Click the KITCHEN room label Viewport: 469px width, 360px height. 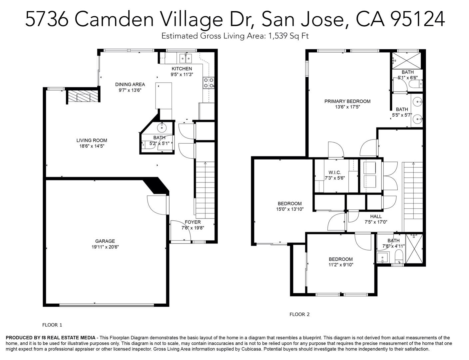pyautogui.click(x=182, y=69)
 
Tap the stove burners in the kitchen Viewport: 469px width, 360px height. pyautogui.click(x=209, y=83)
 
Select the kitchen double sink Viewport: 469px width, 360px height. pyautogui.click(x=186, y=59)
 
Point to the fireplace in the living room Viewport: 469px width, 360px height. pyautogui.click(x=83, y=97)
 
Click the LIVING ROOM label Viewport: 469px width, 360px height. pyautogui.click(x=92, y=140)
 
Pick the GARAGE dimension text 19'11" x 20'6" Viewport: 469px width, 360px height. pyautogui.click(x=105, y=247)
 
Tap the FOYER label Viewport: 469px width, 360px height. pyautogui.click(x=193, y=222)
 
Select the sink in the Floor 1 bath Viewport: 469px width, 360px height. pyautogui.click(x=162, y=127)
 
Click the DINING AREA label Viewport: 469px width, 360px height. pyautogui.click(x=130, y=84)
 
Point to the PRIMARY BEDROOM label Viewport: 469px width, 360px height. pyautogui.click(x=347, y=101)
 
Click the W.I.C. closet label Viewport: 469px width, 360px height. pyautogui.click(x=334, y=172)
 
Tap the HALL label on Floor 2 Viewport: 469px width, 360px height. pyautogui.click(x=376, y=216)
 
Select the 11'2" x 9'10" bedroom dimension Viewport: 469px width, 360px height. pyautogui.click(x=340, y=265)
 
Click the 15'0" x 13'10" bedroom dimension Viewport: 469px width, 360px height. pyautogui.click(x=289, y=209)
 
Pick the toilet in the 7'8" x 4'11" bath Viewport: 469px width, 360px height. pyautogui.click(x=398, y=257)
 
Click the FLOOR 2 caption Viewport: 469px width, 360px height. pyautogui.click(x=299, y=314)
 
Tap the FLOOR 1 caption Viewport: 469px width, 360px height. pyautogui.click(x=52, y=325)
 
